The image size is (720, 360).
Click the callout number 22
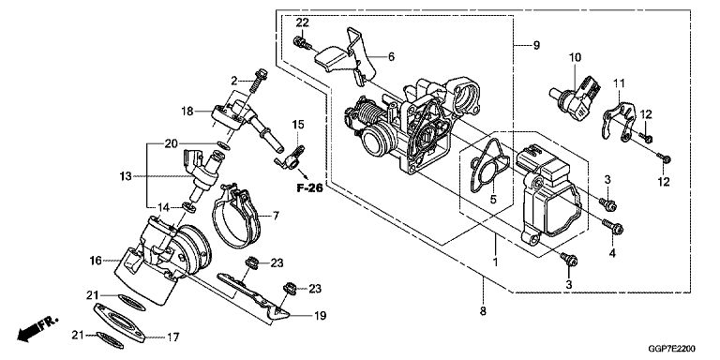pos(302,23)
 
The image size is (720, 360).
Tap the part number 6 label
pos(391,57)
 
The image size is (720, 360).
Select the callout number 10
pos(575,57)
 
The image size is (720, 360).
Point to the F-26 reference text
pos(309,188)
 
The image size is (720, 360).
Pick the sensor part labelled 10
pos(574,97)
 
